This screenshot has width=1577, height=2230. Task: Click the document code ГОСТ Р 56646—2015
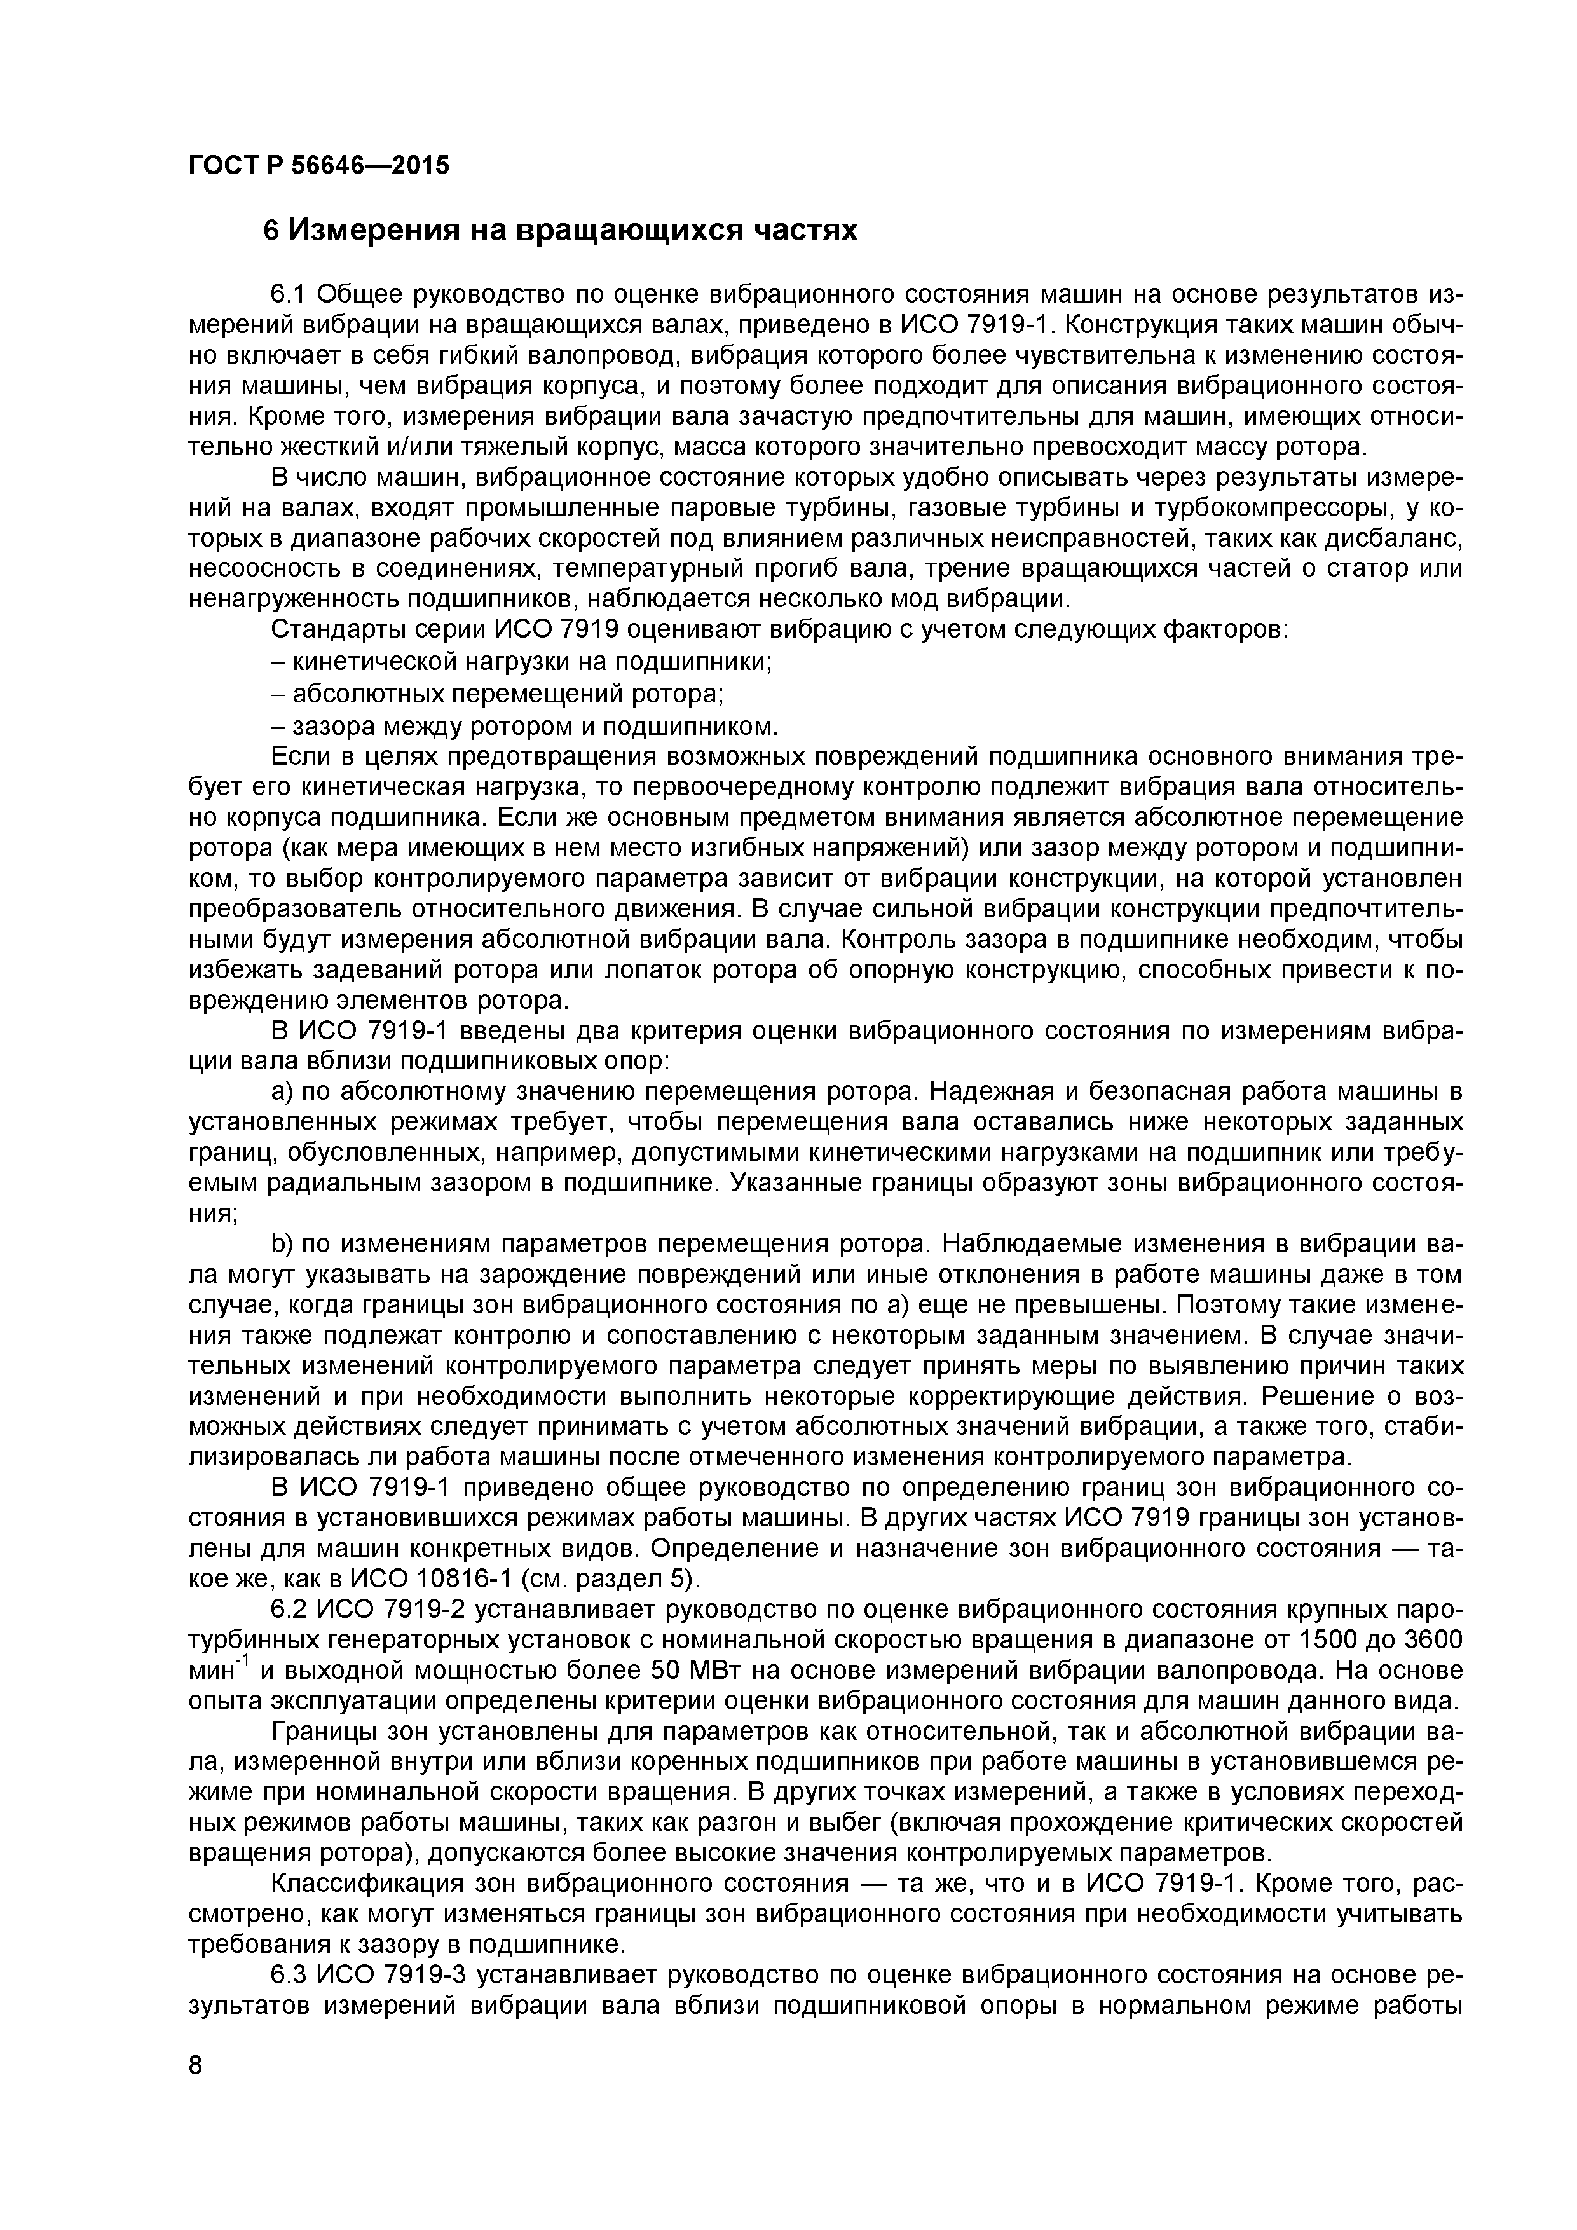(318, 166)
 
